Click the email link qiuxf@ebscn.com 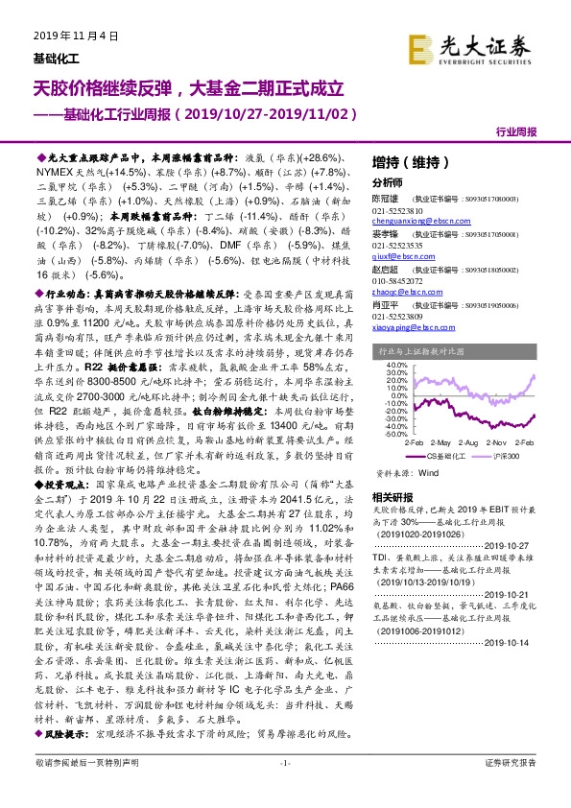(x=401, y=257)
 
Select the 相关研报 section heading (x=392, y=496)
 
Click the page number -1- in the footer (x=285, y=789)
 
